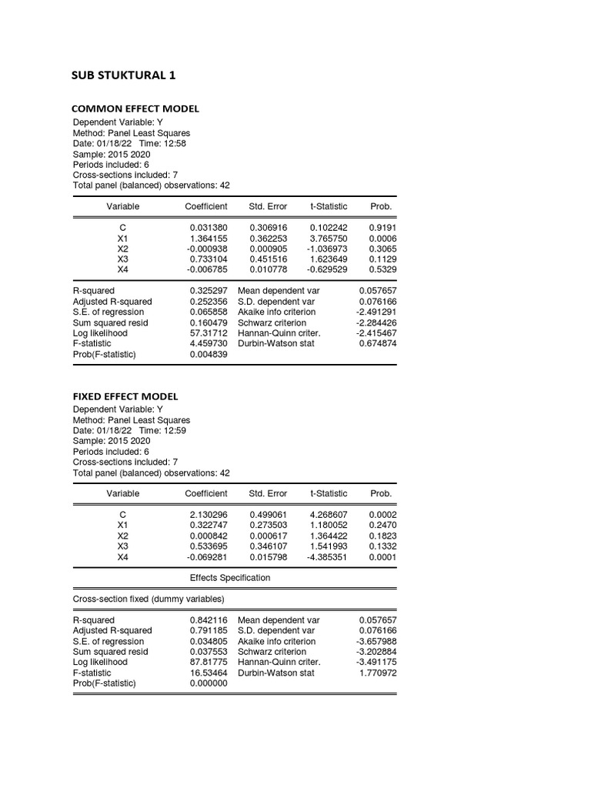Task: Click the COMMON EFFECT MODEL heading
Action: [x=135, y=109]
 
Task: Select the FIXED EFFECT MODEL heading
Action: [x=125, y=396]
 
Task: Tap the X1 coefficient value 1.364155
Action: [x=209, y=239]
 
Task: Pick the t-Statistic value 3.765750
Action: [x=329, y=239]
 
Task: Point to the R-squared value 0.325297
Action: [x=209, y=292]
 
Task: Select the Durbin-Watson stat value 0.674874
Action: [x=378, y=344]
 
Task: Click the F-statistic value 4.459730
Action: [x=209, y=344]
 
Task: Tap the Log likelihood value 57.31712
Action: [x=209, y=333]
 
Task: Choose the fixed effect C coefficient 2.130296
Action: [x=209, y=516]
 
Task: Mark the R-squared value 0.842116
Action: [x=209, y=620]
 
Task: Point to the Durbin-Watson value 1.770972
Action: [x=378, y=673]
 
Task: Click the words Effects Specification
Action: [x=230, y=578]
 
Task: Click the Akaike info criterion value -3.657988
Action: [x=376, y=641]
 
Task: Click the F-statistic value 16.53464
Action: [x=209, y=673]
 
